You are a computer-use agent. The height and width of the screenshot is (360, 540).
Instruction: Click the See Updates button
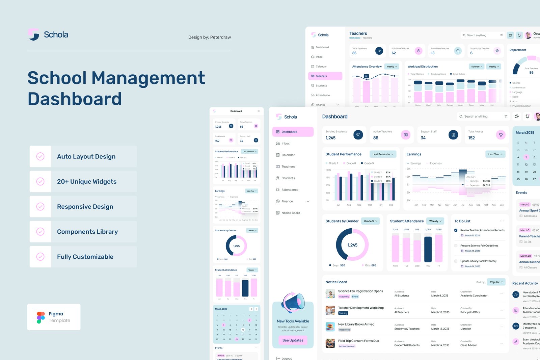point(293,340)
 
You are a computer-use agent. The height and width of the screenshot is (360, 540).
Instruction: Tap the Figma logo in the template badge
point(40,317)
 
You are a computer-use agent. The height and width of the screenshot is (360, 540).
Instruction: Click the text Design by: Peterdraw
point(209,37)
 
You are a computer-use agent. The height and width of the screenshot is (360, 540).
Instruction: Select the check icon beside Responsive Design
point(40,206)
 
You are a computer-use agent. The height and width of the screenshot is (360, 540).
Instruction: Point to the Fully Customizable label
point(85,257)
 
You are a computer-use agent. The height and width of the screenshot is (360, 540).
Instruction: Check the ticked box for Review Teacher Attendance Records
point(456,230)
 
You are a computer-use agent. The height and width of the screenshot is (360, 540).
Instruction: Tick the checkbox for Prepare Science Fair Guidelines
point(456,246)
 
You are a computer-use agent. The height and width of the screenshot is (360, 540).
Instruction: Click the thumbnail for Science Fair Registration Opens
point(330,293)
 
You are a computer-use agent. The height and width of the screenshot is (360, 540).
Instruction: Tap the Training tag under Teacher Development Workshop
point(343,313)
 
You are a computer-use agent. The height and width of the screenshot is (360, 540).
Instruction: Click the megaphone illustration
point(293,302)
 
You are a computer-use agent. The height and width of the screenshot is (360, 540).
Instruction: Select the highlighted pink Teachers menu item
point(325,76)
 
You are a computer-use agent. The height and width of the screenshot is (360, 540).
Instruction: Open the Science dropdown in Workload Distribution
point(477,67)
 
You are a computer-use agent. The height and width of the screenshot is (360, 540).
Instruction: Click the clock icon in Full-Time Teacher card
point(418,51)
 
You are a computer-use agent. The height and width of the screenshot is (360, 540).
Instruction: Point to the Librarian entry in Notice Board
point(466,329)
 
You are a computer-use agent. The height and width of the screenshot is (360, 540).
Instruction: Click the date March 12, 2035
point(440,329)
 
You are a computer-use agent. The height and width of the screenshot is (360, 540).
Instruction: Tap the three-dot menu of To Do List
point(502,221)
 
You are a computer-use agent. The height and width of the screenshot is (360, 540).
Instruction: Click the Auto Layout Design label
point(86,156)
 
